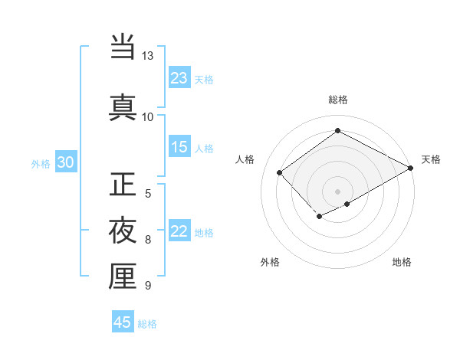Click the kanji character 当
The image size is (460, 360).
[123, 47]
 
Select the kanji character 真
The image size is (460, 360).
[123, 106]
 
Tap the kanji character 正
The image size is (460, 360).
[123, 185]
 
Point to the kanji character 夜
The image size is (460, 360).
[123, 231]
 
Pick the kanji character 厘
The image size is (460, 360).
[123, 276]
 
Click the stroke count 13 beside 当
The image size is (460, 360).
[147, 56]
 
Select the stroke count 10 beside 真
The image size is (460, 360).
[147, 116]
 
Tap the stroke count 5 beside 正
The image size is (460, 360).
[148, 193]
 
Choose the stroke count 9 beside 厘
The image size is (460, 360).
[148, 286]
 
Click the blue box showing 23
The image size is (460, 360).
[179, 78]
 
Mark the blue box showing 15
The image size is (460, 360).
[179, 147]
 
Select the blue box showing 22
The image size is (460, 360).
[179, 232]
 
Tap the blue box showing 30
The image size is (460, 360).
[66, 162]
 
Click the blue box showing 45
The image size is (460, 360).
[123, 322]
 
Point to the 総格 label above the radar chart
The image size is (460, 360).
[337, 100]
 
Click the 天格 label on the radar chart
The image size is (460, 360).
[431, 159]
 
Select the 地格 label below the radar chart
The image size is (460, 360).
[402, 262]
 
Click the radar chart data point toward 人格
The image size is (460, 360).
[280, 172]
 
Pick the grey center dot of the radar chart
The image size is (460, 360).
[337, 191]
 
